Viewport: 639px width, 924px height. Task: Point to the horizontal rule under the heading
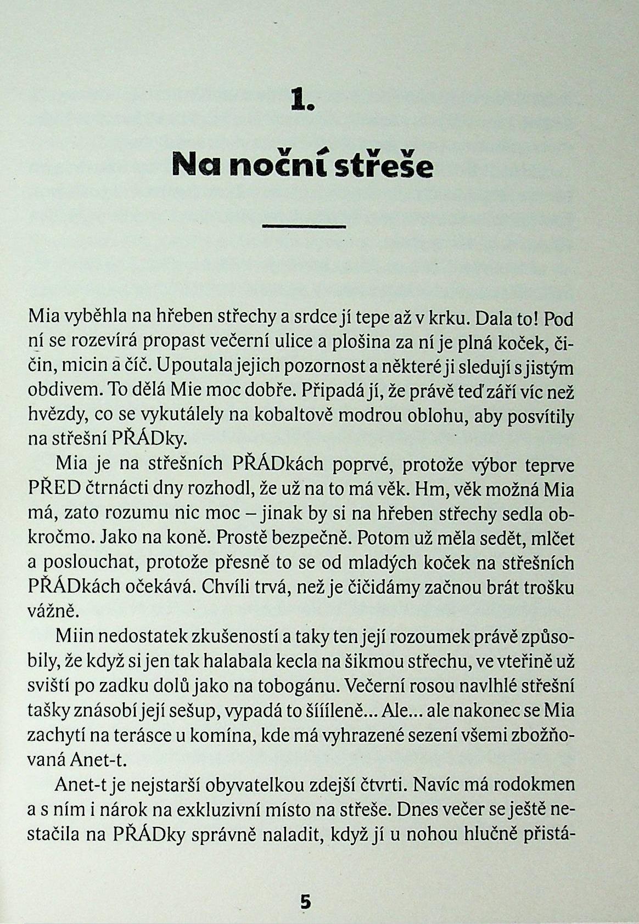click(304, 226)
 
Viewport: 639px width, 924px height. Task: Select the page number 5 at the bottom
click(305, 902)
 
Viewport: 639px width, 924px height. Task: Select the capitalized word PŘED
click(55, 488)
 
